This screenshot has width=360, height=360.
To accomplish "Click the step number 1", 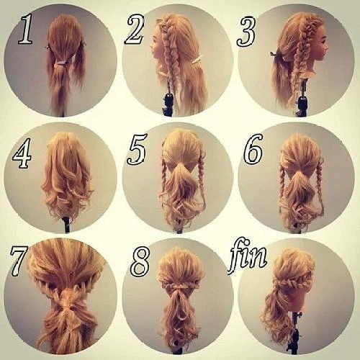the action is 26,29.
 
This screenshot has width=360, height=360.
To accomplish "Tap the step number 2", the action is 135,30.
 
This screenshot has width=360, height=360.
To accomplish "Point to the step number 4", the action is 22,153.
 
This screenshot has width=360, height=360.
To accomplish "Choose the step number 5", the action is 138,149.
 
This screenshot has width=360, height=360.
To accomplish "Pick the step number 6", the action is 253,148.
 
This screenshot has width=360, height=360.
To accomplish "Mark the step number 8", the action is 140,262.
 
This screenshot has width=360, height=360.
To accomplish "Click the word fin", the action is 248,256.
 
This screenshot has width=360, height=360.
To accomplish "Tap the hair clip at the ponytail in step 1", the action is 62,63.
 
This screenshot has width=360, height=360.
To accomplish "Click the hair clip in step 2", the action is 198,60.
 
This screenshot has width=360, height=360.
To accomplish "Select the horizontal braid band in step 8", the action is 179,286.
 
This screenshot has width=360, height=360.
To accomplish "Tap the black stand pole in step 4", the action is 67,225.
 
